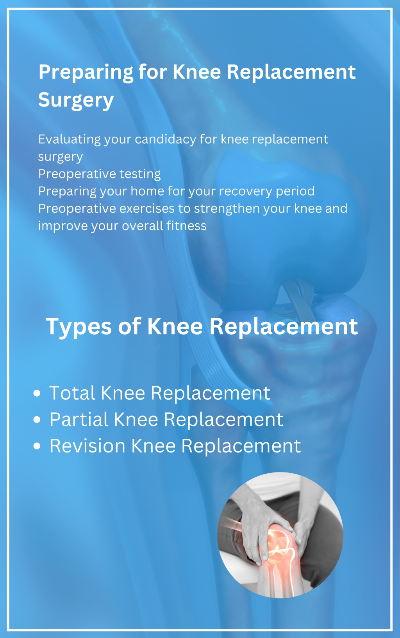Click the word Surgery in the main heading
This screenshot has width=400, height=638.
76,100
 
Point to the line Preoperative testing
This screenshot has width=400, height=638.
100,174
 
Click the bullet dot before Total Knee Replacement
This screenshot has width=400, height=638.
37,393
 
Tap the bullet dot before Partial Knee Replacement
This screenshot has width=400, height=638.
37,420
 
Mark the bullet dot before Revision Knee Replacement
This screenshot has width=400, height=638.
37,446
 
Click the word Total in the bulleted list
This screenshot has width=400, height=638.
72,393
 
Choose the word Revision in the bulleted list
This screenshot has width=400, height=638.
87,446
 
